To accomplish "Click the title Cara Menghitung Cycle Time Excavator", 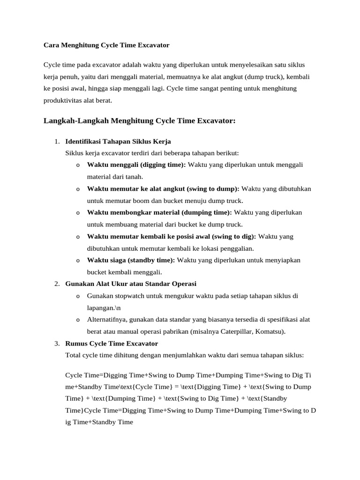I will pos(106,45).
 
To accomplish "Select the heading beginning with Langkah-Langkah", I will pos(139,121).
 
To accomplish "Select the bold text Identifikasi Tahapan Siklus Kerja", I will pos(118,141).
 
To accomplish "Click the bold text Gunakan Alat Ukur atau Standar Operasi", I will pos(131,284).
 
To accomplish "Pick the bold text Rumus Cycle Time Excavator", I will pos(112,344).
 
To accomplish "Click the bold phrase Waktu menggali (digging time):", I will pos(136,165).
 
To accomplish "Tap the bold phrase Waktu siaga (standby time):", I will pos(131,260).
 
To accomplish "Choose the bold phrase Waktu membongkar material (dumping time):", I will pos(159,212).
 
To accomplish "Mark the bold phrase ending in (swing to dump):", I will pos(163,188).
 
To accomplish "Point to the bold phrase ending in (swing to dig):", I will pos(172,236).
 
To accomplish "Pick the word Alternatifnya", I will pos(106,320).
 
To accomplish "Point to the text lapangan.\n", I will pos(104,307).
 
